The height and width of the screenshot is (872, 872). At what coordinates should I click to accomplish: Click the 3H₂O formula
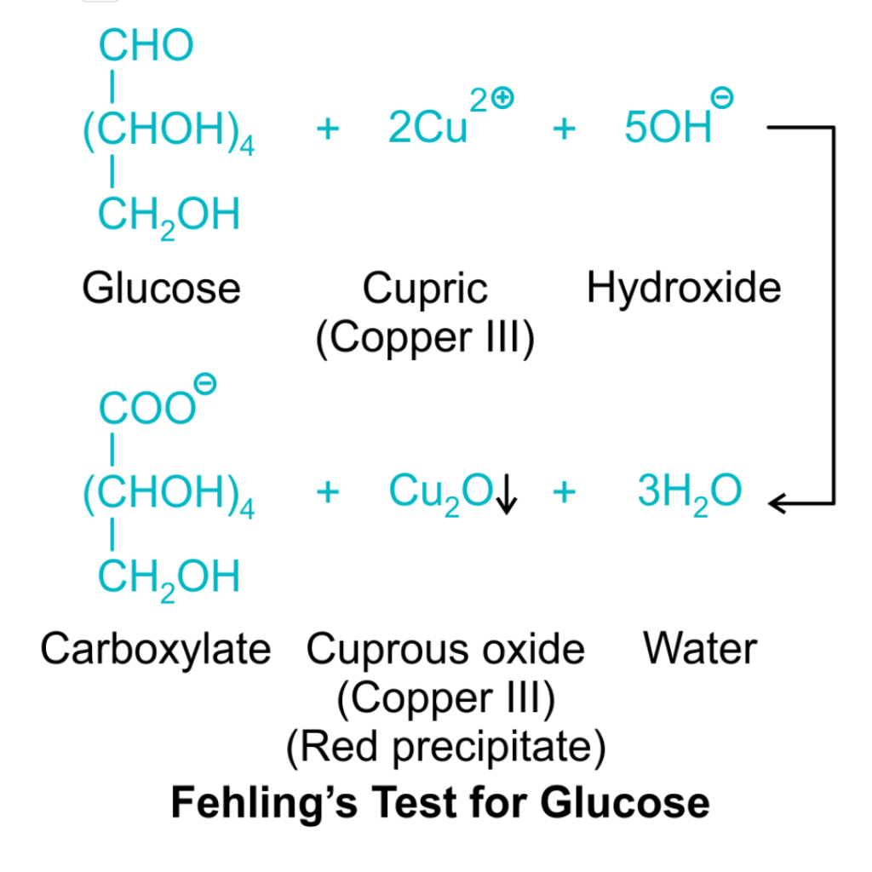click(689, 492)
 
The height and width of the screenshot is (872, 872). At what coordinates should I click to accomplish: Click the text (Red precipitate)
click(445, 748)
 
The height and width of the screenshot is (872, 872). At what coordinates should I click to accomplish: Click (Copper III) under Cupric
click(425, 338)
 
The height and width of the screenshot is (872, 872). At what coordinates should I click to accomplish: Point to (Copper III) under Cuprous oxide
click(445, 699)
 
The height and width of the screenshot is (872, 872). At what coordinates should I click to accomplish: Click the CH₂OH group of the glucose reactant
click(169, 215)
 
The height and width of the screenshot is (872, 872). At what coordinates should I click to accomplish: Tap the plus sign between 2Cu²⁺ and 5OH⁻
click(564, 129)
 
